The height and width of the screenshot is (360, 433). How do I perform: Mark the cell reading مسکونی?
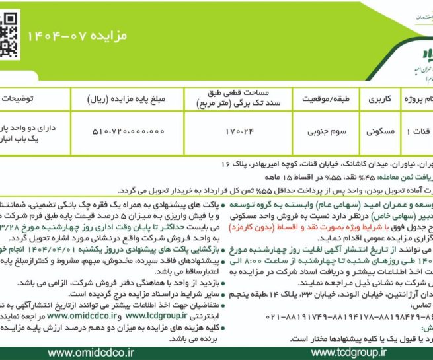pyautogui.click(x=379, y=131)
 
